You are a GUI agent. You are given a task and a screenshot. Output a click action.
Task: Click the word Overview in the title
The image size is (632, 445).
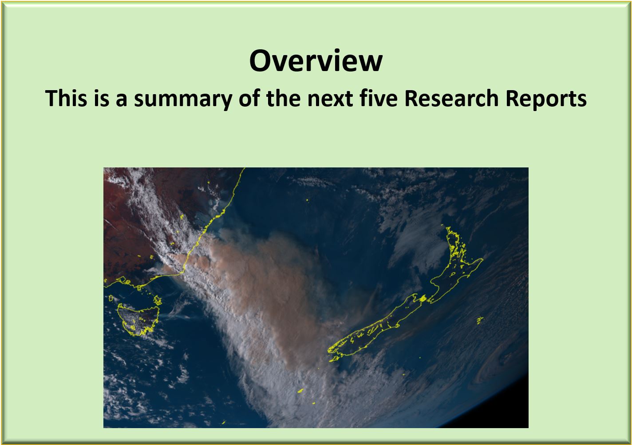(316, 61)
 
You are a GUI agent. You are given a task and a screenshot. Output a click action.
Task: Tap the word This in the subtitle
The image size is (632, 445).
(66, 98)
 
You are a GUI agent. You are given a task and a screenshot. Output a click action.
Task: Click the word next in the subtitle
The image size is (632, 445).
(330, 99)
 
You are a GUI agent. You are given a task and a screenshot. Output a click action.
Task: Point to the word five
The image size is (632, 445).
(379, 98)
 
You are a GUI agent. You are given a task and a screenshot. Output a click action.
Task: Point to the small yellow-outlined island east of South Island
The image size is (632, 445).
(480, 320)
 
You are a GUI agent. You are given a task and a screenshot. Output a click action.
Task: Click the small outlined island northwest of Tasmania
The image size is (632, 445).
(111, 298)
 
